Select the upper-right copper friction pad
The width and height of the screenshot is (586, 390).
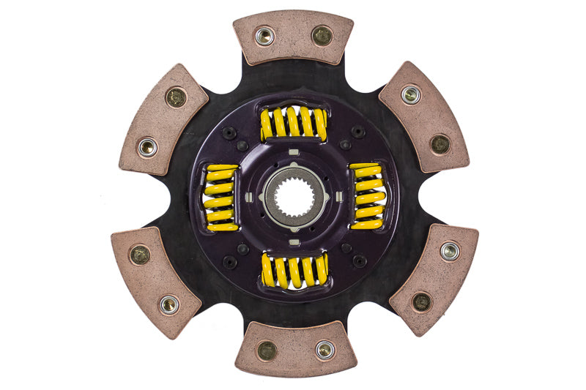pos(423,116)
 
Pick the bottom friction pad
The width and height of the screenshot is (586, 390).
pos(295,349)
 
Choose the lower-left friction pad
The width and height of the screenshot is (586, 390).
pos(156,281)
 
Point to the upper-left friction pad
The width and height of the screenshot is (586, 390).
pos(163,119)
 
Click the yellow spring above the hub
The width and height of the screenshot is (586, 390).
pos(294,122)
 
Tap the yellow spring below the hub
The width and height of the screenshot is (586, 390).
pos(294,270)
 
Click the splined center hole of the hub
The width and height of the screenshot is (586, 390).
pos(294,195)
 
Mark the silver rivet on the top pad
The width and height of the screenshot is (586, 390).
pos(264,34)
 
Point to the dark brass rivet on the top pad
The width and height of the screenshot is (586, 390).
pos(322,35)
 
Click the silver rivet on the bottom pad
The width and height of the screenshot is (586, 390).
pos(324,349)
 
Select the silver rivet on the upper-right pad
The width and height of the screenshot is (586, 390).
pos(411,94)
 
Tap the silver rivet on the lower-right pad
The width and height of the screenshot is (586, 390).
pos(449,252)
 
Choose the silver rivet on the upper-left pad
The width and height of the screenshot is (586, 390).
pos(148,147)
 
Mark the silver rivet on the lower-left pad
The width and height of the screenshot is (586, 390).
pos(169,304)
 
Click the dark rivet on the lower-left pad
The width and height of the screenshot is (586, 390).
pos(139,255)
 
